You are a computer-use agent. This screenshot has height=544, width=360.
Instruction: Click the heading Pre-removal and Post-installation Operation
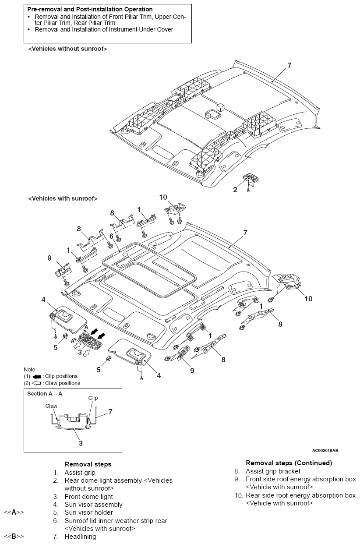click(x=90, y=9)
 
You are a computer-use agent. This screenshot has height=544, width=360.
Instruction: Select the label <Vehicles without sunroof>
click(x=67, y=49)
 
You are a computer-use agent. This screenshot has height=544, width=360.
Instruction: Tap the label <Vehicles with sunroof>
click(x=63, y=198)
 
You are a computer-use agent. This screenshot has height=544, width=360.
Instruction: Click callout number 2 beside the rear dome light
click(x=235, y=190)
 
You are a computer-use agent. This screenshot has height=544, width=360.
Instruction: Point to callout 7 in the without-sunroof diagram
click(x=289, y=65)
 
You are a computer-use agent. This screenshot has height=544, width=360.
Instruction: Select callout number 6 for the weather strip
click(x=112, y=236)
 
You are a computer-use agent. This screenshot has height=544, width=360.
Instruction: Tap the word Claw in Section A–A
click(x=51, y=406)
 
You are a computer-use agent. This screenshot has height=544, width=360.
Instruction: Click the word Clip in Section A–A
click(x=93, y=398)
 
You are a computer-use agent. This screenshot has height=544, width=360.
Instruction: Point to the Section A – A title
click(x=45, y=393)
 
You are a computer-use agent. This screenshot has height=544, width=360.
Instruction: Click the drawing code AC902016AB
click(x=325, y=450)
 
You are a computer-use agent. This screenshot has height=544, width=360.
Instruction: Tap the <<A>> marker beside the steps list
click(x=14, y=512)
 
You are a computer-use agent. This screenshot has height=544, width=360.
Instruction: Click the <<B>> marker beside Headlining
click(x=14, y=536)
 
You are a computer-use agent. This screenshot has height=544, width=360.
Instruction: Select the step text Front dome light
click(x=88, y=497)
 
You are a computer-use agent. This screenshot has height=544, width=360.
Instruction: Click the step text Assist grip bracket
click(x=273, y=471)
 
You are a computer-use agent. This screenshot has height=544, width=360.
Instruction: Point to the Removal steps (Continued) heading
click(x=289, y=463)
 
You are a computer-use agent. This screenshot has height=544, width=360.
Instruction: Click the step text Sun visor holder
click(x=88, y=512)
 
